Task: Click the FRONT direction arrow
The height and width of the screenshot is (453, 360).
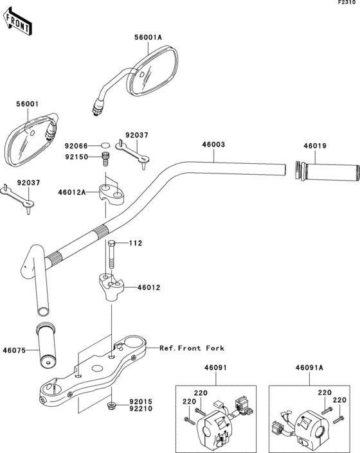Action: (x=17, y=21)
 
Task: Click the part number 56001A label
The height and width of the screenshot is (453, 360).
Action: (x=148, y=37)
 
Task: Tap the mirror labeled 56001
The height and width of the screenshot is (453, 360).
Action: (x=31, y=139)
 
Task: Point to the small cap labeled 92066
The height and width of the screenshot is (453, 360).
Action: (x=105, y=146)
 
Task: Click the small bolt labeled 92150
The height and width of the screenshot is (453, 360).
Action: (x=106, y=159)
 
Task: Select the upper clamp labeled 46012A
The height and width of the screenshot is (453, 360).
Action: (x=112, y=195)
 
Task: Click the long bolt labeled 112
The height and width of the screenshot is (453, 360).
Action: (x=112, y=255)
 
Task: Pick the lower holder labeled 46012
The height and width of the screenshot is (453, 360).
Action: (x=110, y=286)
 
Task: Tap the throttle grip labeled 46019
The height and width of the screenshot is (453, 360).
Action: (x=328, y=172)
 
